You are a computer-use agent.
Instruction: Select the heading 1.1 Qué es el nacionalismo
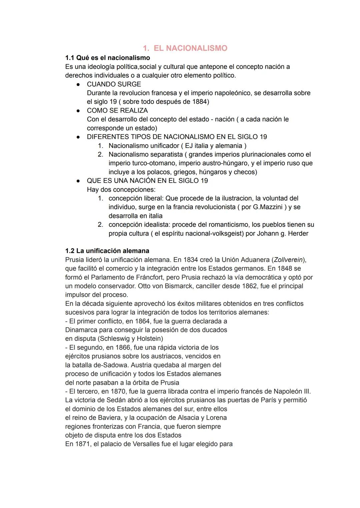(x=107, y=58)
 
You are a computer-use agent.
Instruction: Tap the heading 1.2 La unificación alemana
(x=107, y=251)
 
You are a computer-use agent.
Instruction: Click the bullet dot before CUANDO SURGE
(x=78, y=85)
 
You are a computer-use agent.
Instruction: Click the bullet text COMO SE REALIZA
(x=117, y=111)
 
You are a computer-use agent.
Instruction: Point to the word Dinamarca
(x=81, y=330)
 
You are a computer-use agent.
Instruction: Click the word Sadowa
(x=107, y=365)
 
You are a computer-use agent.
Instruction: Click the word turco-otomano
(x=153, y=163)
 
